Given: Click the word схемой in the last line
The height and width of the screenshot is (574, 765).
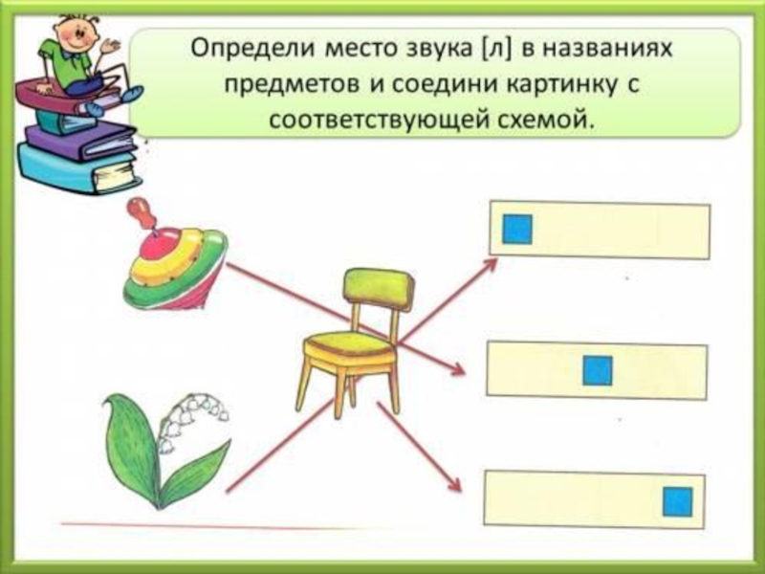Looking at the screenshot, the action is (548, 121).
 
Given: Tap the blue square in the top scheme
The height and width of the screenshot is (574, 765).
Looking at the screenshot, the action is (517, 229).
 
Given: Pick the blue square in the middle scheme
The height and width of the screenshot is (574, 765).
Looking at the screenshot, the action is (598, 370).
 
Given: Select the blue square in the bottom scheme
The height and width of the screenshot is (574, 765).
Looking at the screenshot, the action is (677, 500).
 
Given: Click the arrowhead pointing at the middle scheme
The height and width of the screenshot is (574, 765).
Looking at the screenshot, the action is (457, 372).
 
